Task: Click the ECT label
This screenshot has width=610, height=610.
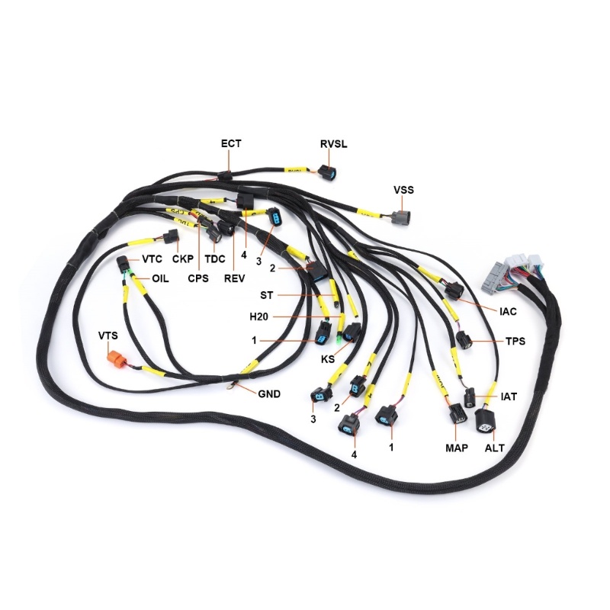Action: click(231, 143)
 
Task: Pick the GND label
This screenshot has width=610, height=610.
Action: click(269, 394)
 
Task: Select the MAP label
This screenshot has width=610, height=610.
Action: click(457, 448)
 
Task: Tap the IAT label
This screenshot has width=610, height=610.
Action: click(509, 396)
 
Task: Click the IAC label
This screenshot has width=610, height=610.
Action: click(509, 311)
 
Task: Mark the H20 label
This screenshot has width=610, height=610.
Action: click(259, 316)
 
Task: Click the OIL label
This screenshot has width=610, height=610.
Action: click(159, 279)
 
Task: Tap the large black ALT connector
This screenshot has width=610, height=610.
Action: click(484, 422)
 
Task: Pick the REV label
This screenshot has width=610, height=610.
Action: click(234, 279)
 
